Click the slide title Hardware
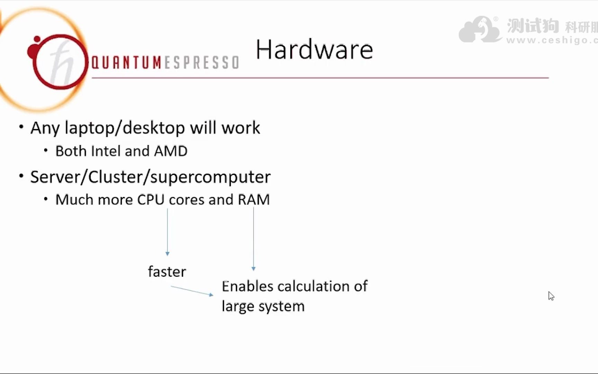[x=314, y=50]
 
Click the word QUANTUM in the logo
[x=126, y=63]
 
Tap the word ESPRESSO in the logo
[x=201, y=63]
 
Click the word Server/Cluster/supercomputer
[x=150, y=177]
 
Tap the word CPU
[x=151, y=200]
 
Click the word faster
[x=167, y=272]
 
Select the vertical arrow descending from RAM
[x=254, y=239]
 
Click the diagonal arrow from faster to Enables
[x=192, y=291]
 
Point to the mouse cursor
[x=551, y=296]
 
